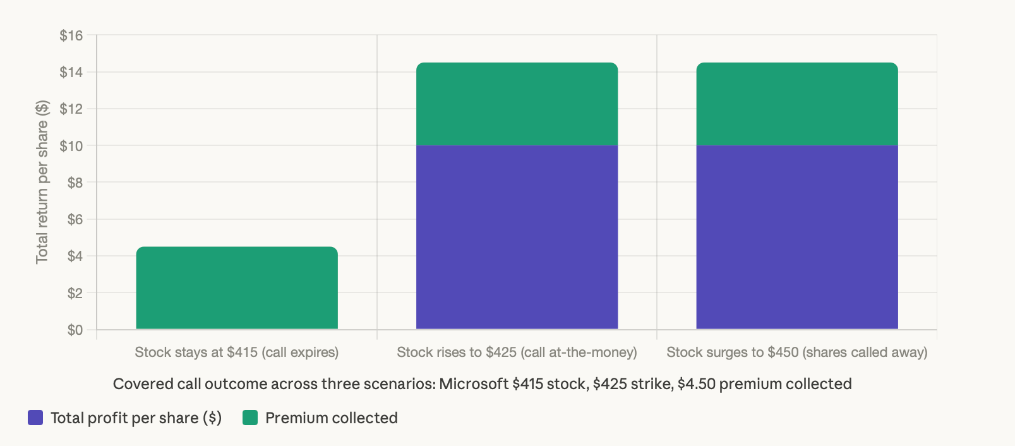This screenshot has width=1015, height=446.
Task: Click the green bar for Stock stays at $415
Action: (x=237, y=288)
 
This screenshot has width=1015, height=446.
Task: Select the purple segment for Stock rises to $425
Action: (x=517, y=237)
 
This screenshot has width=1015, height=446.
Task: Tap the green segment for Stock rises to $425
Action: (x=517, y=104)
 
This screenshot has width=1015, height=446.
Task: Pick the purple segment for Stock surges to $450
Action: (x=797, y=237)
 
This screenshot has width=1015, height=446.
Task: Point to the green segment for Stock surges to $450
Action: (x=797, y=104)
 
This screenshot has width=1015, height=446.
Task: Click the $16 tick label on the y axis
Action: (x=71, y=35)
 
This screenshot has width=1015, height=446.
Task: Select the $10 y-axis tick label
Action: (x=71, y=146)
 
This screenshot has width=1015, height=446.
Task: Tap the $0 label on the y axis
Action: (x=75, y=330)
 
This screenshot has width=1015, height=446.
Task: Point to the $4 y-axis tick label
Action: (x=75, y=256)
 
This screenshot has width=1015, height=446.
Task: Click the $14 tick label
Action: (x=71, y=72)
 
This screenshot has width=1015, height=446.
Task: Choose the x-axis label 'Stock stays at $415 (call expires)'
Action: (x=236, y=352)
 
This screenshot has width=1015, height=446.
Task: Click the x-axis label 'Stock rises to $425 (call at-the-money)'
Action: (x=517, y=352)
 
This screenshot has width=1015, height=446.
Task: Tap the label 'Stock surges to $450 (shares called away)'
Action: (x=797, y=352)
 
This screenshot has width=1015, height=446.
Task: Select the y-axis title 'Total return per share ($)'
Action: (x=42, y=182)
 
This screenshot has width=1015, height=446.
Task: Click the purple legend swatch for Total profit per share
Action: (x=35, y=418)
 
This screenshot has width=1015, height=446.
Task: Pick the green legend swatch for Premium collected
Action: (x=250, y=418)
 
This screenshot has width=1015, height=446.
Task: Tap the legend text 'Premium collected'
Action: (x=331, y=418)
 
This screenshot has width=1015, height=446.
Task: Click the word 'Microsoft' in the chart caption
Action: (x=474, y=384)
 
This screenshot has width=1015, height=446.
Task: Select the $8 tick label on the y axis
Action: (x=75, y=183)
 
